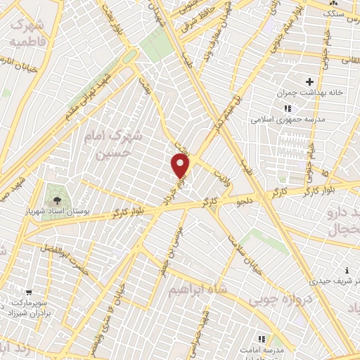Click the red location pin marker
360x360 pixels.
(x=180, y=166)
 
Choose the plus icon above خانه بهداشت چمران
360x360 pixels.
(x=309, y=82)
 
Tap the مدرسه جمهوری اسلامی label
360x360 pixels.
(x=287, y=120)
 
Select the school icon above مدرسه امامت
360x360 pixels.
(x=263, y=337)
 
